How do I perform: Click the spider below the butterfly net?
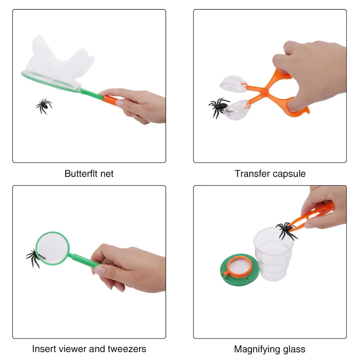44,106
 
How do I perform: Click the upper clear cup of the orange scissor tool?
233,83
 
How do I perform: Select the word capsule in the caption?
288,174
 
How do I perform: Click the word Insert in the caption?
44,349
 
